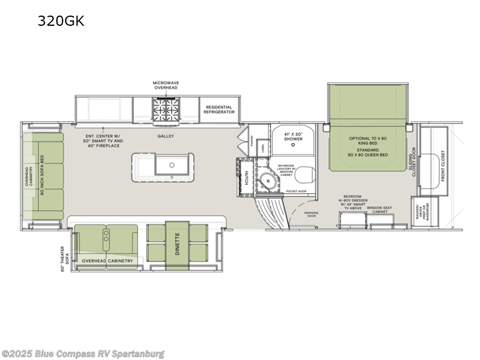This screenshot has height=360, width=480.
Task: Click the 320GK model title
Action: [61, 21]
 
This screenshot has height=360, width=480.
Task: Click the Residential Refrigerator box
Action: [218, 109]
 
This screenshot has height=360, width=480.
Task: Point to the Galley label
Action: [166, 136]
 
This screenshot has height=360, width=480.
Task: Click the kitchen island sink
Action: [172, 163]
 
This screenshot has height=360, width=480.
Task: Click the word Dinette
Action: [177, 245]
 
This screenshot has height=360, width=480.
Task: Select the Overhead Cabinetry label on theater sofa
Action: [106, 260]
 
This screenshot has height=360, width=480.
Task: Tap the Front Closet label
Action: [443, 165]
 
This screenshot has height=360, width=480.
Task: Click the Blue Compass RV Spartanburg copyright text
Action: [83, 354]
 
